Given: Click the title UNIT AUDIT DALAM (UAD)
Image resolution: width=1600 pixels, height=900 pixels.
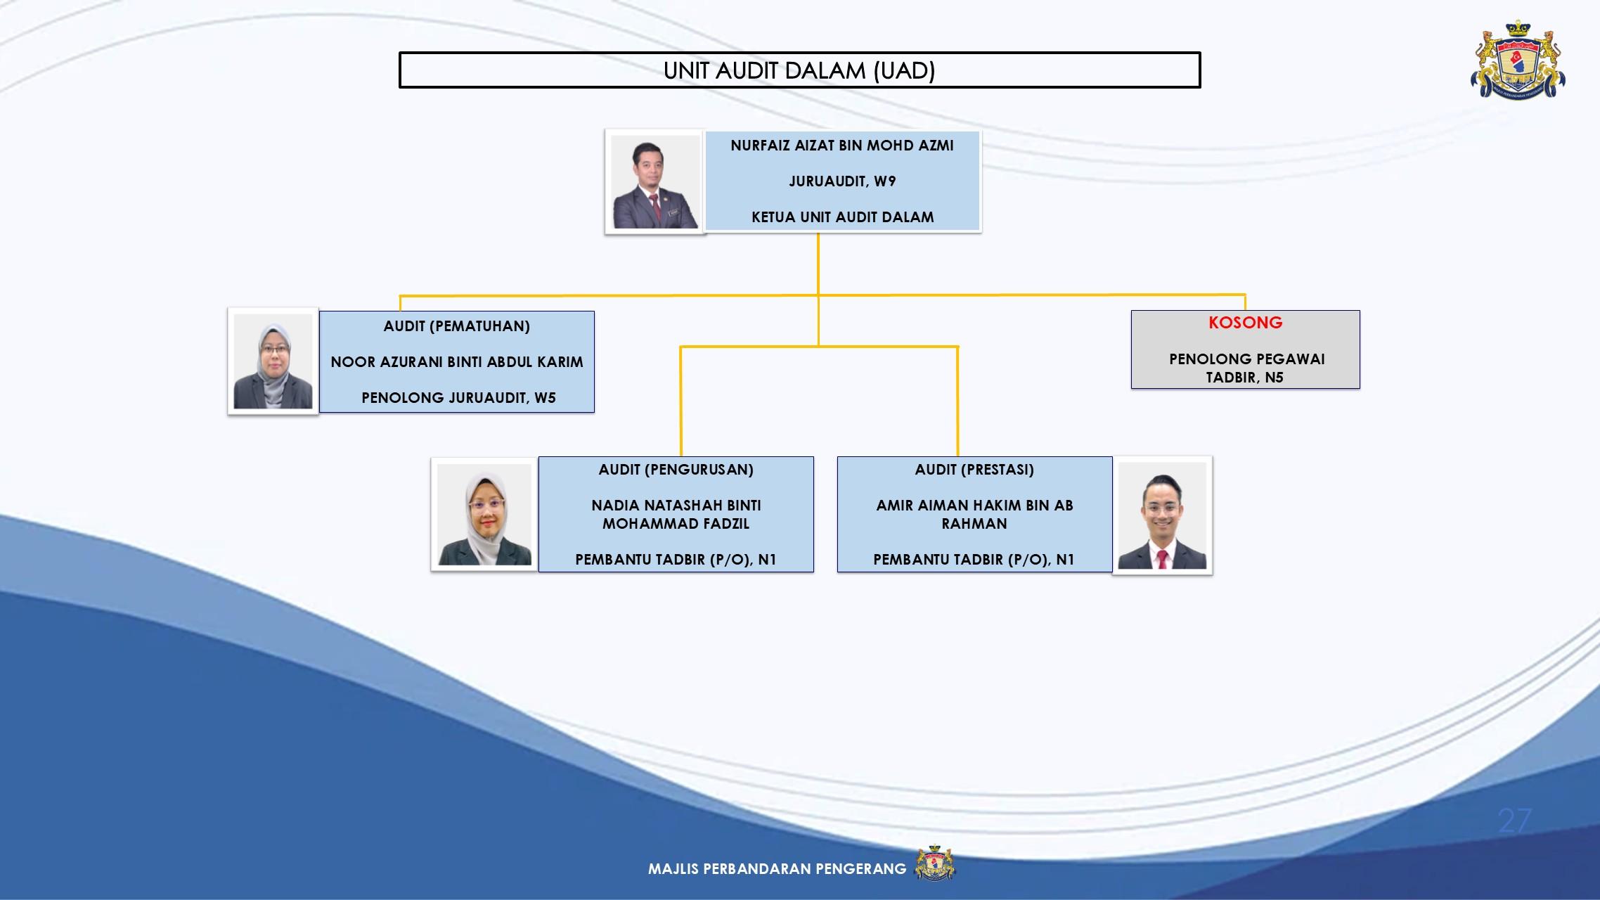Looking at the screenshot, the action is point(799,70).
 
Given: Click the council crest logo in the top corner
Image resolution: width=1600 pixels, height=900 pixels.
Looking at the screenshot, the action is point(1518,59).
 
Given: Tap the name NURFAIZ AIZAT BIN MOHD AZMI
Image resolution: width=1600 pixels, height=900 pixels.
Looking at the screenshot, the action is point(842,146).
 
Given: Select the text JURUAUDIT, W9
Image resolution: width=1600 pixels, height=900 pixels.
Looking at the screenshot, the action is point(842,181).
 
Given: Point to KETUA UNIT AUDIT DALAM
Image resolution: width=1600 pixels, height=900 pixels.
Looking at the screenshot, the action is point(842,217).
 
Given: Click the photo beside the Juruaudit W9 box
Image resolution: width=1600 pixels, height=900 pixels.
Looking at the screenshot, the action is point(655,181).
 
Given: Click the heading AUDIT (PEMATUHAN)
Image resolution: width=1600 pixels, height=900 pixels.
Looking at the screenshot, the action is point(457,326).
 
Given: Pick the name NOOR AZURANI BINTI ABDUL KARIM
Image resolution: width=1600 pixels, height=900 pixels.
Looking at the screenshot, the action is point(457,362).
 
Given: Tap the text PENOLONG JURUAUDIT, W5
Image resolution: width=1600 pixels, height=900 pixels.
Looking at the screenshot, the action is point(458,398).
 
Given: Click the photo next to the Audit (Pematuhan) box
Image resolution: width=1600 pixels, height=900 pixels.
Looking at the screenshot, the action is point(273,361).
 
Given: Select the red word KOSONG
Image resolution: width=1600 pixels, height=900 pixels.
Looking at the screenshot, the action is point(1246,323).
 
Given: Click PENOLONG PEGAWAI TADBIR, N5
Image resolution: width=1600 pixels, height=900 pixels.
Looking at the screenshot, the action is point(1246,368).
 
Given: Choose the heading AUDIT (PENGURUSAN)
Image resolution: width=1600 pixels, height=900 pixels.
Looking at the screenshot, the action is point(676,470).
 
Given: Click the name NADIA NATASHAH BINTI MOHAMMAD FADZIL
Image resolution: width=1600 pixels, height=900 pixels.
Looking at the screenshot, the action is point(676,515).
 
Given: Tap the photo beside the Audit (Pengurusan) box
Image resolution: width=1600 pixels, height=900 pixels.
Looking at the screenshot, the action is point(484,515).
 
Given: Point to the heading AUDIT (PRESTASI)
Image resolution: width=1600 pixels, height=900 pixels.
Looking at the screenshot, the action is point(974,470).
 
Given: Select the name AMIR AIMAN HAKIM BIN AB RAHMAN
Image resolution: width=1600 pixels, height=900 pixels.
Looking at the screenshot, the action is point(974,515).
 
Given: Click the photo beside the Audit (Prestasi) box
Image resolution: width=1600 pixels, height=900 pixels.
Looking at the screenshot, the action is point(1163,515).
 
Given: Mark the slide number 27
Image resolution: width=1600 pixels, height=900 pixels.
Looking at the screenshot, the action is point(1514,821).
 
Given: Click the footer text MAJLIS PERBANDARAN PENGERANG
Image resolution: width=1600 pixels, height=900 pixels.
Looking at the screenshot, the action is point(778,869).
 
